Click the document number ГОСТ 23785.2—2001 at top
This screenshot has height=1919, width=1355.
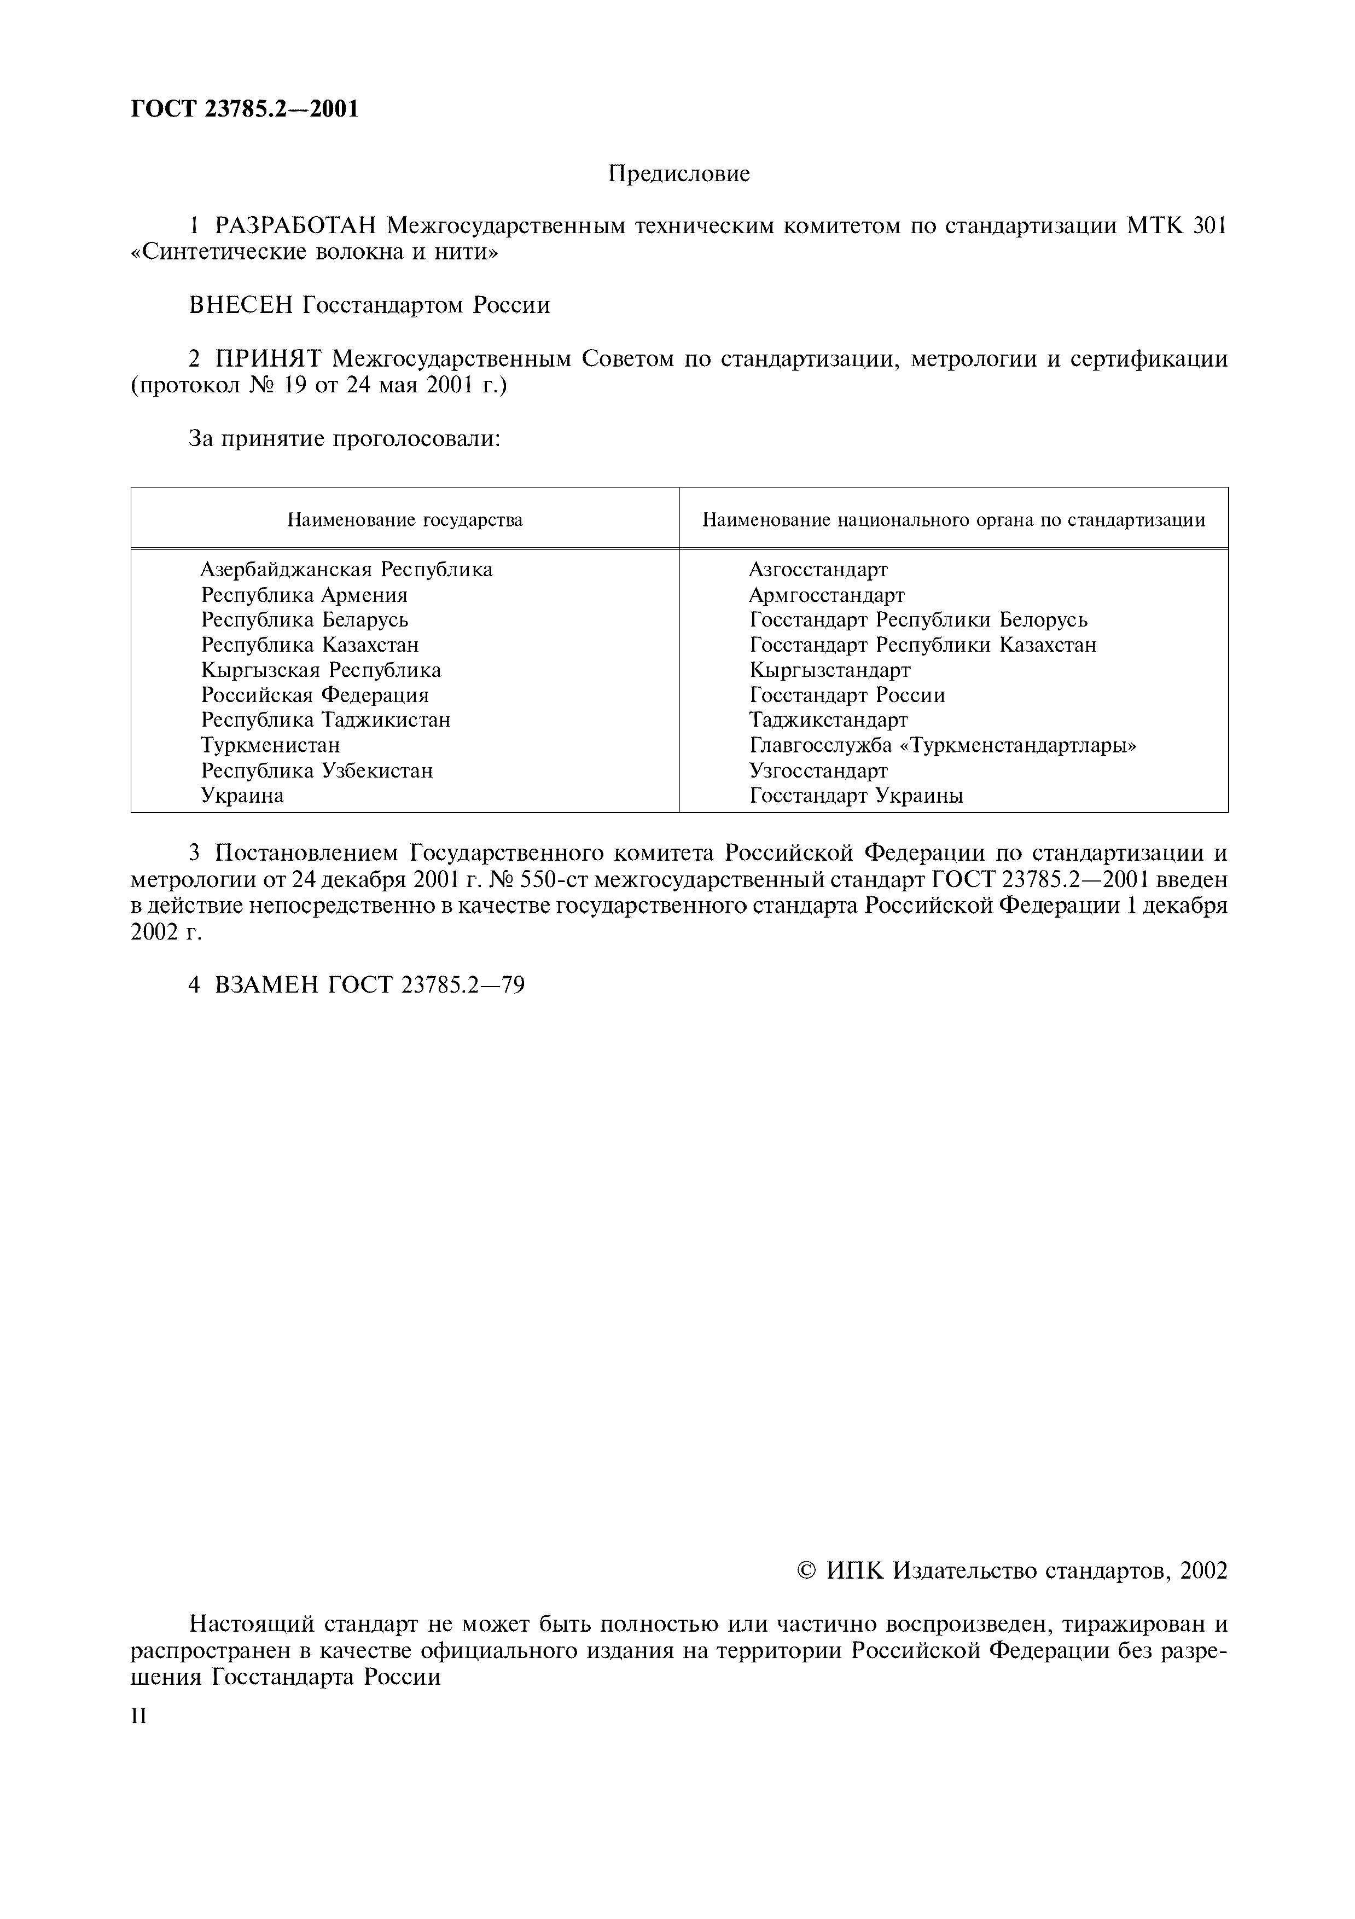click(x=245, y=109)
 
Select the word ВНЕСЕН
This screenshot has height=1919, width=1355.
click(x=241, y=306)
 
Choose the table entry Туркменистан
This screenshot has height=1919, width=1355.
click(x=271, y=745)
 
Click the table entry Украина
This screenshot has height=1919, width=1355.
click(x=242, y=796)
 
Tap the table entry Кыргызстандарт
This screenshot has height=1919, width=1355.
click(x=829, y=670)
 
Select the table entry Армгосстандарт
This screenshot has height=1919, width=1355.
click(x=826, y=595)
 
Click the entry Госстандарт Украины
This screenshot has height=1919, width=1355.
click(x=856, y=796)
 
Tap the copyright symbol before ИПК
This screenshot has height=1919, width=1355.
click(x=806, y=1572)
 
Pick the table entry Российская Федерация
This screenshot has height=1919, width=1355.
click(x=315, y=695)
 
